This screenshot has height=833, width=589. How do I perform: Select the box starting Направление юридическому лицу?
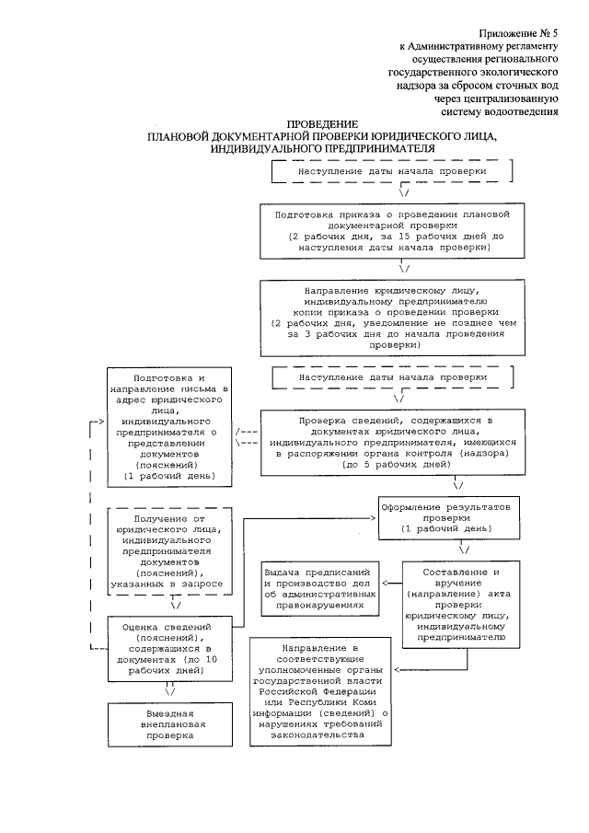click(393, 317)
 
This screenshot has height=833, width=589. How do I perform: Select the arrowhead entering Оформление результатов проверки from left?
click(374, 518)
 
